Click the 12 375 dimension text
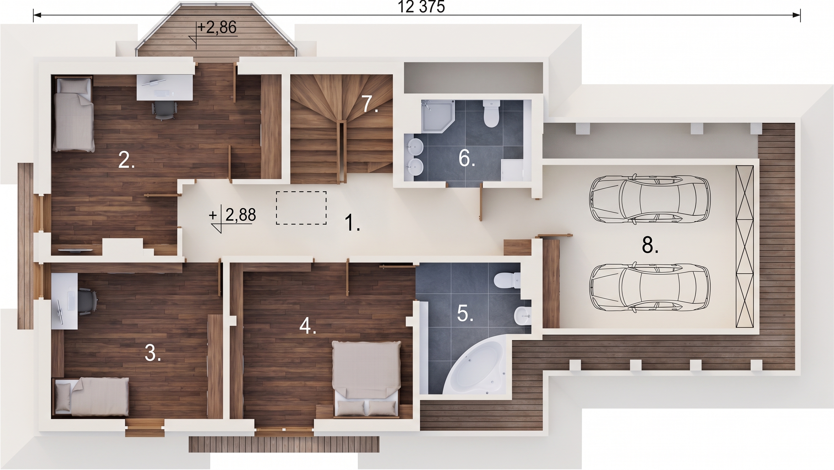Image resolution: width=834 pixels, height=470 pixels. pos(421,7)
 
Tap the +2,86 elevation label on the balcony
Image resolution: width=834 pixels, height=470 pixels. pos(216,28)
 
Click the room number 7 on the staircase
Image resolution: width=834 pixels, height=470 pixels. pos(370,104)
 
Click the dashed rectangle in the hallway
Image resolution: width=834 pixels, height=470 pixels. pos(301,208)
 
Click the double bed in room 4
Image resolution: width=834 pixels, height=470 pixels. pos(367,379)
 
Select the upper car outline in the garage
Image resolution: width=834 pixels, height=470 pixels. pos(650,199)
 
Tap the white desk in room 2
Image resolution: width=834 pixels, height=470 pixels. pos(165,88)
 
